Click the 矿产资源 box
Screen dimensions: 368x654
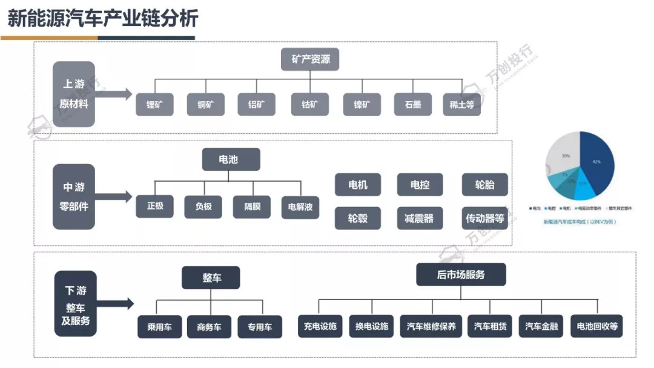(x=310, y=60)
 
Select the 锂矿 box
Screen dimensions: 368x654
(x=154, y=104)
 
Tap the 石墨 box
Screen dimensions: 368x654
(x=412, y=104)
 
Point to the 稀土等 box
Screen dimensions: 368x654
(x=461, y=104)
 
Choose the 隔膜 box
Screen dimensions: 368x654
(x=252, y=206)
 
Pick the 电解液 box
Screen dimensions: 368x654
(x=300, y=206)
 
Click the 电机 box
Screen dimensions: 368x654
(x=358, y=185)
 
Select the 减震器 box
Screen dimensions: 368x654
(x=419, y=218)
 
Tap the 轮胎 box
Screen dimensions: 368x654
(x=484, y=185)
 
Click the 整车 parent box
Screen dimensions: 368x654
(x=211, y=278)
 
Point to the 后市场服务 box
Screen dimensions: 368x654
(x=461, y=275)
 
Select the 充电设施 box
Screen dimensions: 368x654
(x=320, y=327)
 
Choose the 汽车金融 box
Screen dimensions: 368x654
(x=541, y=327)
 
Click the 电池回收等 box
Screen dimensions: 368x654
(x=598, y=327)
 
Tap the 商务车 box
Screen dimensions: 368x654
(x=210, y=327)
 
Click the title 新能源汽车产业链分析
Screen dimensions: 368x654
(x=102, y=19)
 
